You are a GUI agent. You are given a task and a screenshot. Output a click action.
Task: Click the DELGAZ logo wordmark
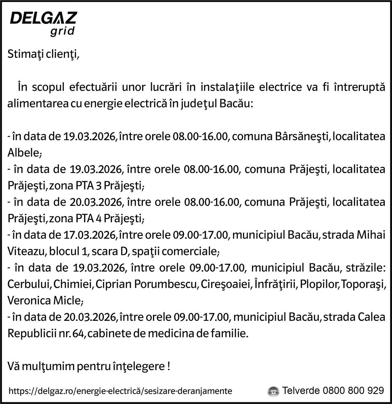(x=43, y=19)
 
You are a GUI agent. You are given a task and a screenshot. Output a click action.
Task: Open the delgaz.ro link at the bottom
(x=120, y=391)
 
